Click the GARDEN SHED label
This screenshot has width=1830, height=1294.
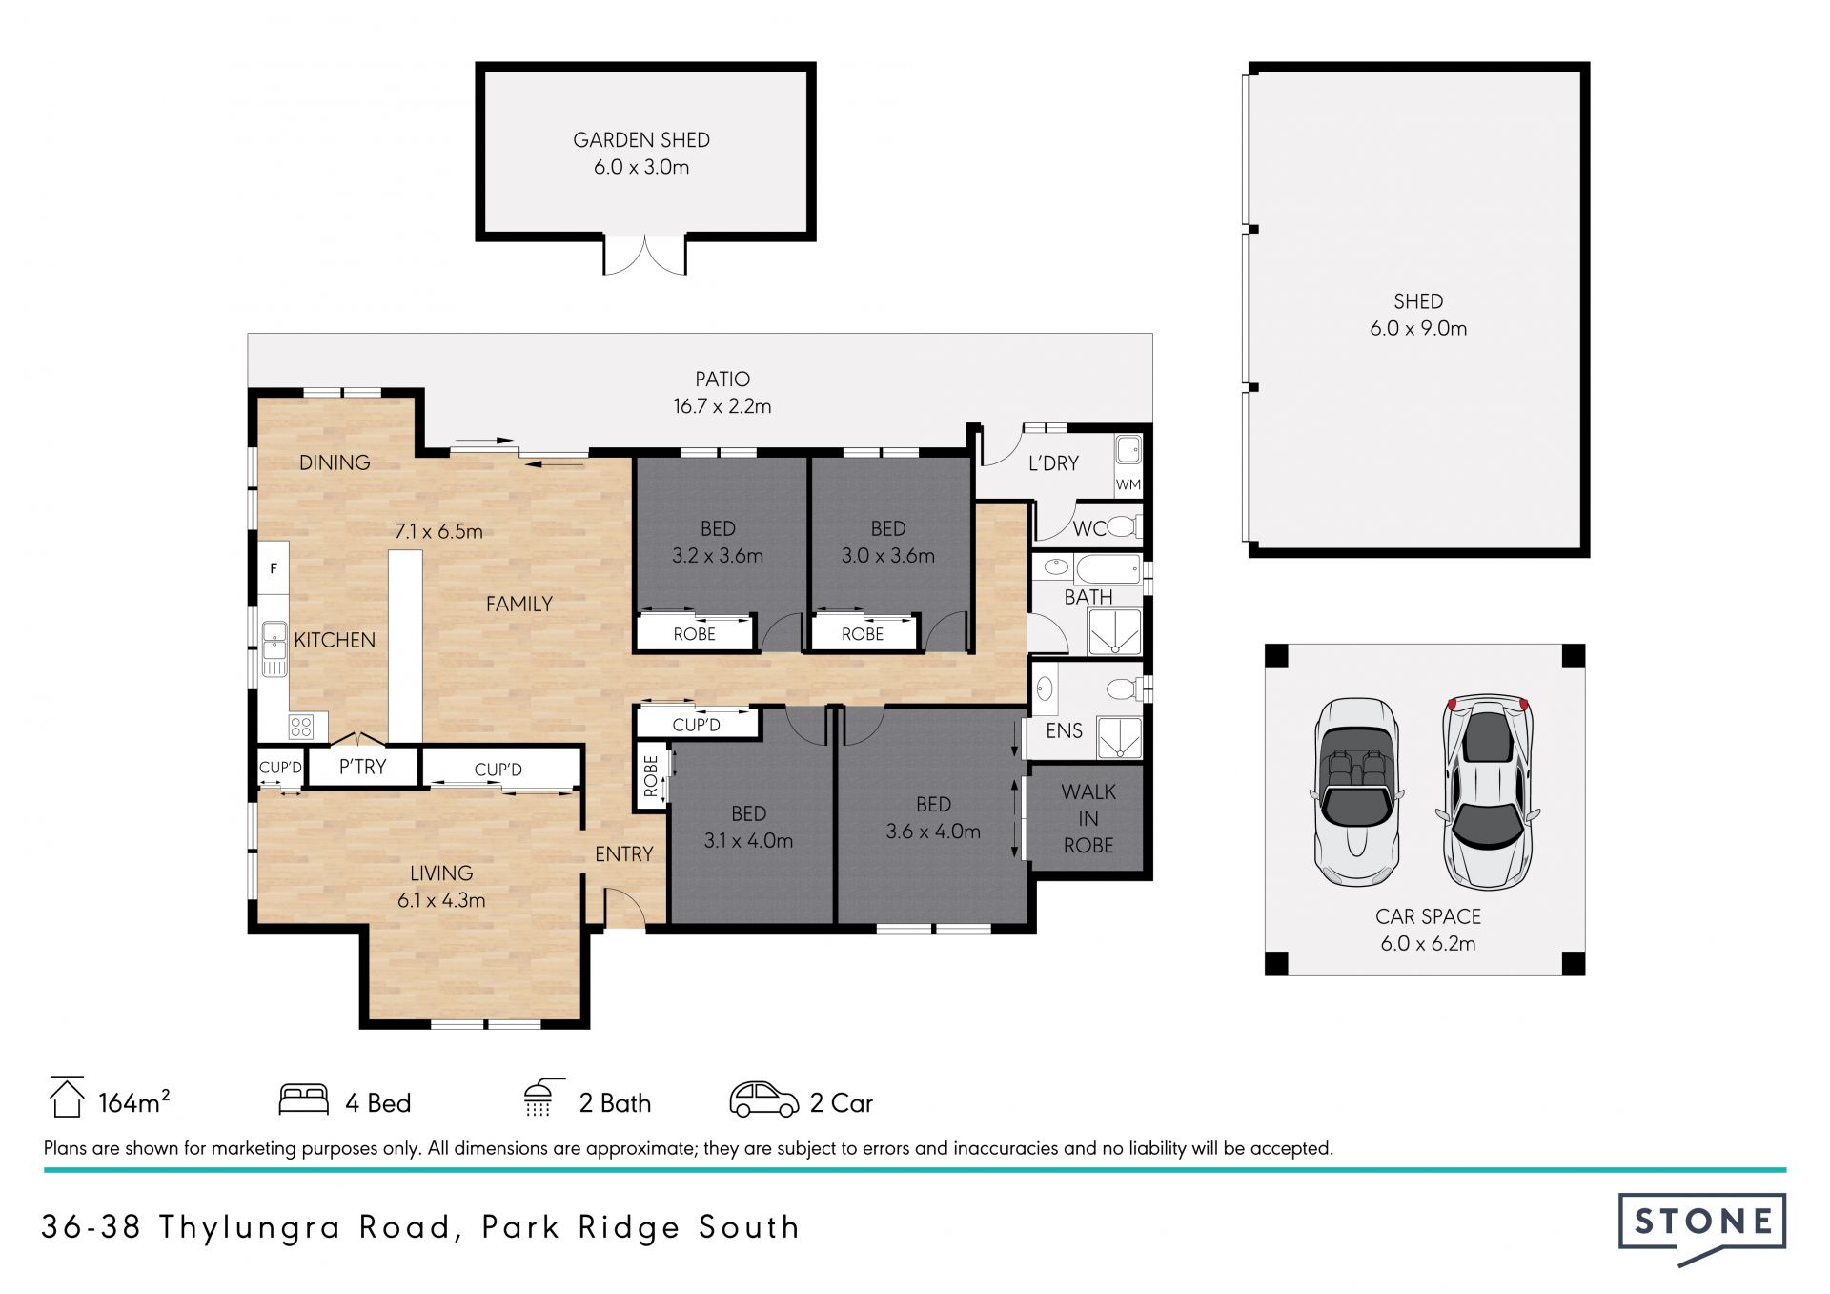(641, 140)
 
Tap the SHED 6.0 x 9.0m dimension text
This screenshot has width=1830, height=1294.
(1418, 328)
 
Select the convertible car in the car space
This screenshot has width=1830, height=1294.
(1357, 791)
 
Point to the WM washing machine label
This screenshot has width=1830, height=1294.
(1128, 484)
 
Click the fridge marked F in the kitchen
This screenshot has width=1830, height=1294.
(274, 568)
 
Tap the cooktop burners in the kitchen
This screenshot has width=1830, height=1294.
(301, 727)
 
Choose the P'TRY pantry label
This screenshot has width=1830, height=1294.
(363, 767)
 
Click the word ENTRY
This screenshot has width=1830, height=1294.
(624, 854)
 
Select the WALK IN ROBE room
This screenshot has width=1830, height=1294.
(1088, 818)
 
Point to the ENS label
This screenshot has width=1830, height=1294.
(1065, 730)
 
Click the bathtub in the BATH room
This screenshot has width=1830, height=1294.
(1108, 569)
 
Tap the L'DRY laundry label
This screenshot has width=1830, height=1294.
(1053, 463)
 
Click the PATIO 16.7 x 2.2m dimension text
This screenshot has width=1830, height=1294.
(722, 406)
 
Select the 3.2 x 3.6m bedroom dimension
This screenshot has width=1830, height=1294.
(718, 556)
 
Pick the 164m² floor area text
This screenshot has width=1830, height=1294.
(134, 1102)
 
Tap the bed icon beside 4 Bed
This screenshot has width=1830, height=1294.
(304, 1099)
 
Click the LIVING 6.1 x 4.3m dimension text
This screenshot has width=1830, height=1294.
(441, 900)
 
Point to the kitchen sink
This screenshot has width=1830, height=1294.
(274, 641)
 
